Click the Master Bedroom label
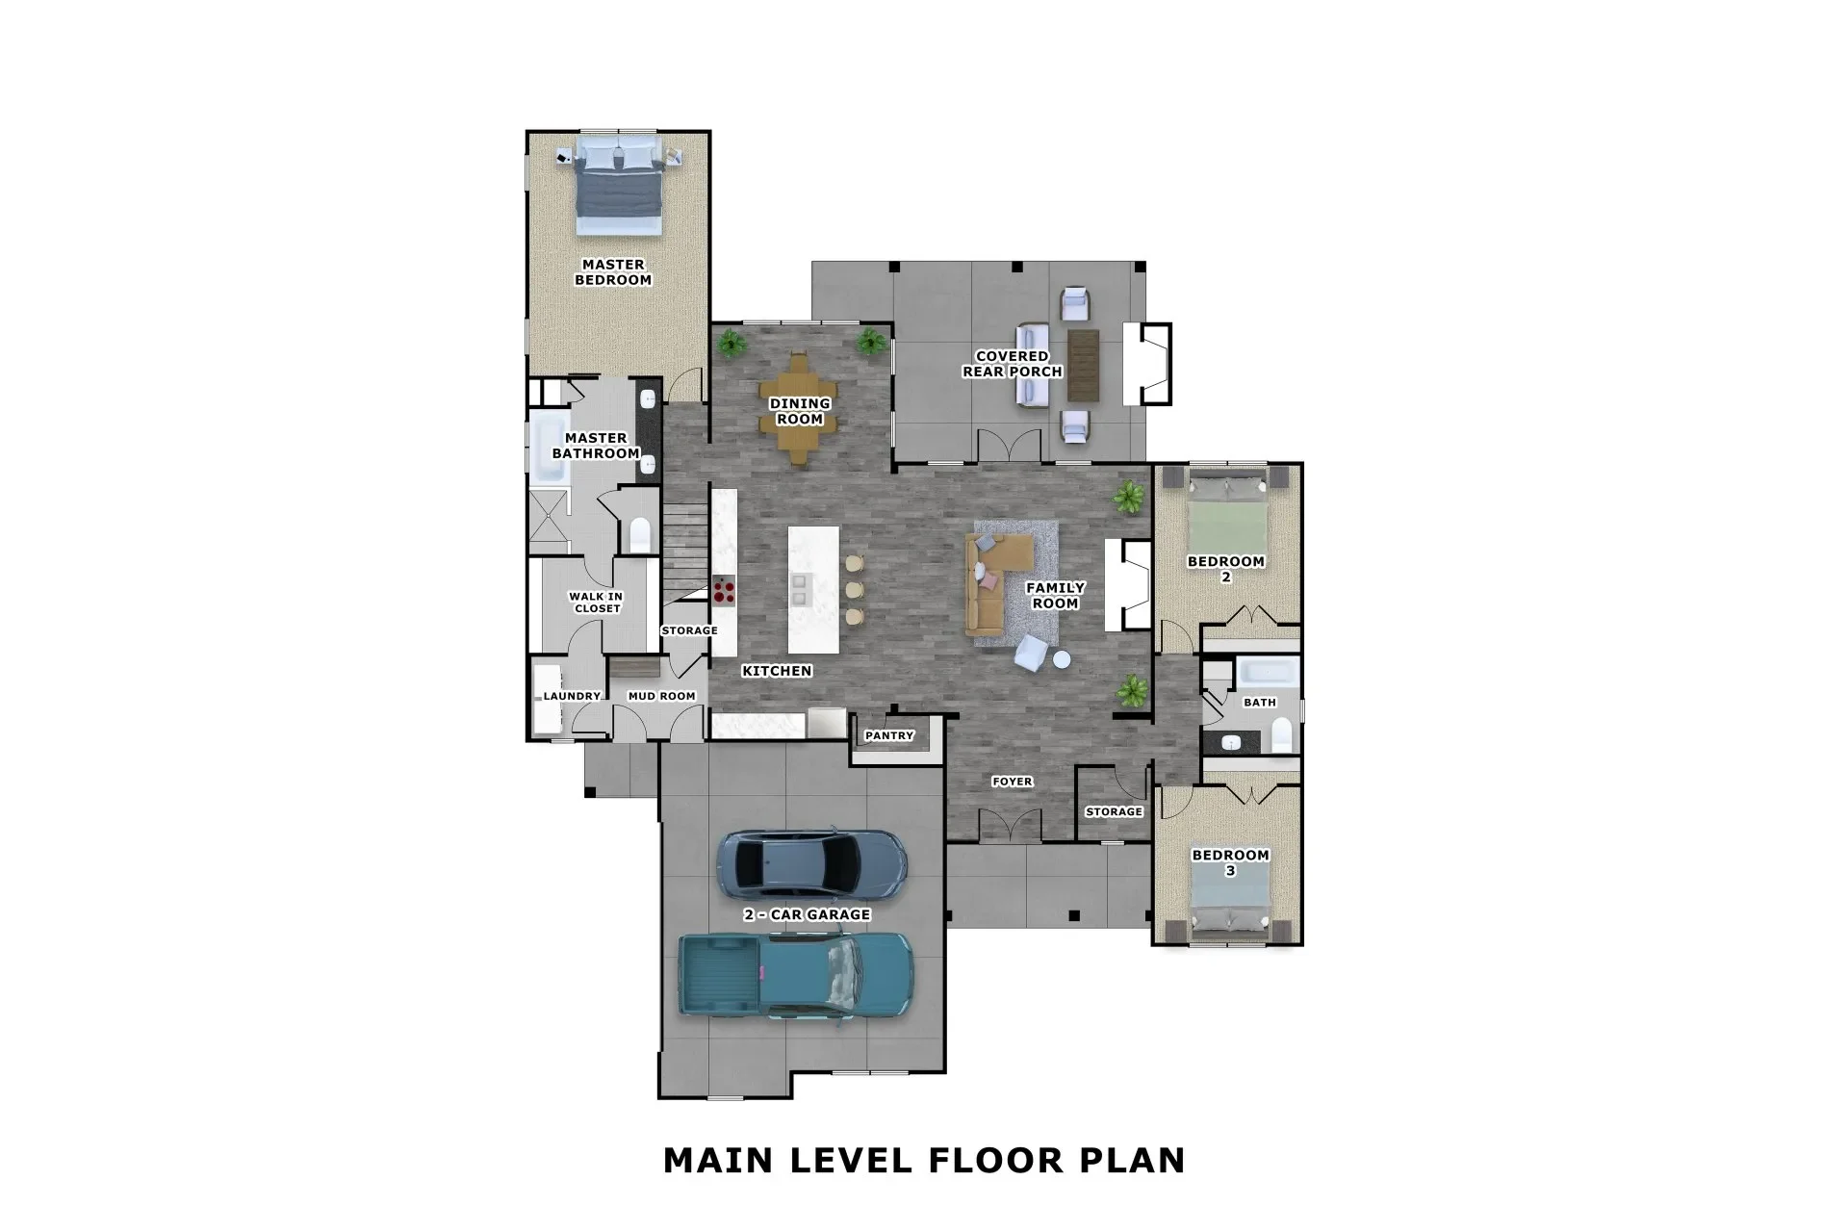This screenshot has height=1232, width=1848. tap(613, 272)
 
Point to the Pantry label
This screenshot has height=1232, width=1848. tap(888, 735)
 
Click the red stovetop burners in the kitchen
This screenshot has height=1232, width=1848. tap(724, 590)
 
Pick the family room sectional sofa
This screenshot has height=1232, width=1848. tap(991, 587)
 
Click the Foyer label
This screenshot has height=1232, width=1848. tap(1012, 782)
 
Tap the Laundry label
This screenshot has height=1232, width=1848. tap(572, 696)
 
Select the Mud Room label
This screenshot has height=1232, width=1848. tap(661, 696)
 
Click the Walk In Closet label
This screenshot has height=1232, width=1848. tap(596, 603)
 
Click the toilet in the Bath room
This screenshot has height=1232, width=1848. tap(1282, 737)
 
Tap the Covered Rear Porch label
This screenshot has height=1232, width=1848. tap(1012, 364)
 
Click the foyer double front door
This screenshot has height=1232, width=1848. tap(1010, 825)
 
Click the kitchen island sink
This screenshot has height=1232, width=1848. tap(799, 589)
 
